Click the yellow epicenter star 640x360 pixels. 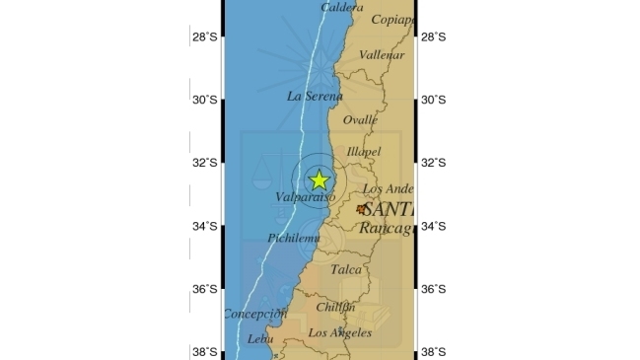point(319,180)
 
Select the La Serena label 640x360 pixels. point(315,96)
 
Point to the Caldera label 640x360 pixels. point(341,7)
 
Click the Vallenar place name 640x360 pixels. point(382,55)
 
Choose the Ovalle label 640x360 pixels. point(360,119)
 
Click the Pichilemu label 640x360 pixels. point(294,239)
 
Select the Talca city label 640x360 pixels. point(345,268)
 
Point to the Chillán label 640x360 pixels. point(335,307)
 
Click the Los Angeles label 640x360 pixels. point(340,332)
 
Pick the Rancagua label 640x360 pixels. point(385,228)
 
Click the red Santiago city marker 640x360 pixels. point(362,209)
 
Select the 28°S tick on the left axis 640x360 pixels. point(204,37)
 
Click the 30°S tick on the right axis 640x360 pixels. point(434,100)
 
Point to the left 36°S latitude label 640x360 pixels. point(204,289)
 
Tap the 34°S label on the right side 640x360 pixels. point(434,226)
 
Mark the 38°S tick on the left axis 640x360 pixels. point(204,352)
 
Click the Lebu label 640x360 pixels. point(260,338)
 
